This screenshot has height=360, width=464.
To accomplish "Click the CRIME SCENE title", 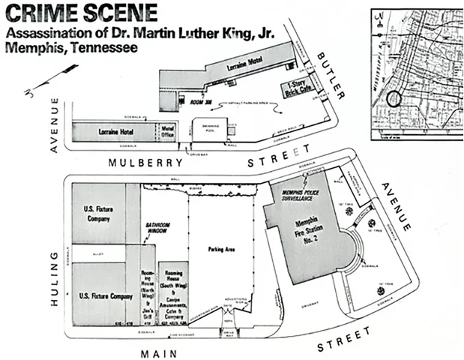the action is coord(80,13).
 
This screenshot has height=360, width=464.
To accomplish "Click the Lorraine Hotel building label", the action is coord(114,130).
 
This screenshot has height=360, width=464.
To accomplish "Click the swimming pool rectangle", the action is coord(205,129).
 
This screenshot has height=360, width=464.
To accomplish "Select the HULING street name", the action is coord(54,269).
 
